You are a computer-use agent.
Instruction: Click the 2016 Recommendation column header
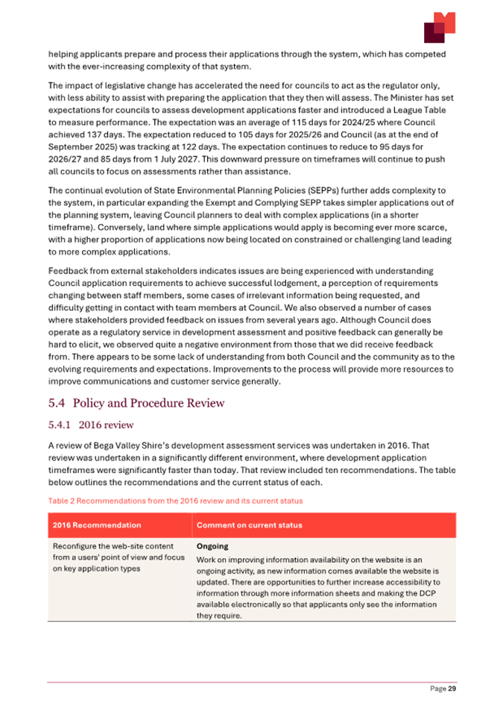pos(97,525)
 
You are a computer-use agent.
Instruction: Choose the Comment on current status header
pos(249,525)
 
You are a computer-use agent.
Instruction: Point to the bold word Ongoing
pos(212,546)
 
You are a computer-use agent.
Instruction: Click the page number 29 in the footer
pos(451,689)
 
